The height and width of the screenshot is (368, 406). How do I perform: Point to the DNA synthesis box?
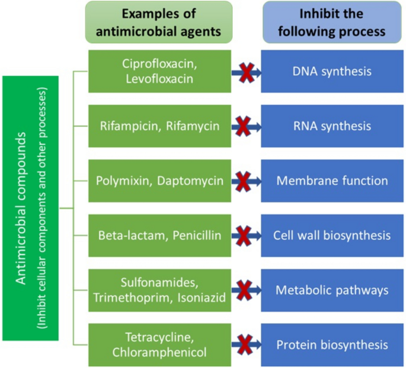[x=332, y=71]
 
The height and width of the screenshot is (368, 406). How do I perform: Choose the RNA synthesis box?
[x=332, y=126]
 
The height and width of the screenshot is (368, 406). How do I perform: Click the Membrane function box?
[x=332, y=180]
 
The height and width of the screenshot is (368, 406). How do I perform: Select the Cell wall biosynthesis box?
[x=332, y=235]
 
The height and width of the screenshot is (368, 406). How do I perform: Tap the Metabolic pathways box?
[x=332, y=290]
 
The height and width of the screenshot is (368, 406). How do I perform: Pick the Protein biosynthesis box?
[x=332, y=344]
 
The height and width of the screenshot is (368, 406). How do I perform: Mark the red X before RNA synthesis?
[x=243, y=126]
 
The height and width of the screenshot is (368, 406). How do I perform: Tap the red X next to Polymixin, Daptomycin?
[x=243, y=181]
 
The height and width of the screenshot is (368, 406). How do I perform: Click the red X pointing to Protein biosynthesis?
[x=243, y=344]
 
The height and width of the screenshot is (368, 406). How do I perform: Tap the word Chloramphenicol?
[x=159, y=353]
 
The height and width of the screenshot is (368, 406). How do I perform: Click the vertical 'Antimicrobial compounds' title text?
[x=22, y=208]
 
